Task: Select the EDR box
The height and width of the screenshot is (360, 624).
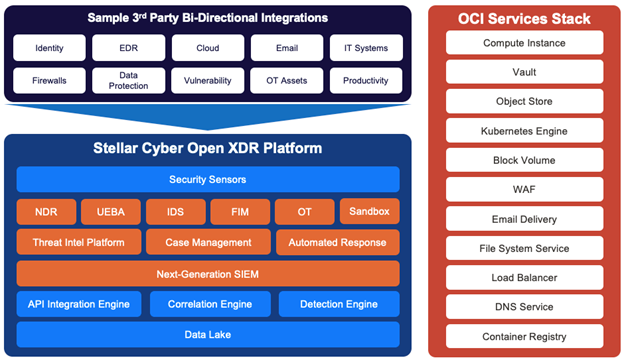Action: coord(128,48)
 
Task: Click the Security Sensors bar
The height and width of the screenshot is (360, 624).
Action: coord(208,179)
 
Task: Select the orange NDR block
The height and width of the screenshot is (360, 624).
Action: coord(45,211)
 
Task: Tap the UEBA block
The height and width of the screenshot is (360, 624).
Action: coord(110,211)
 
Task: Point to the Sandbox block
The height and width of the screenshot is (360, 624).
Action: coord(369,211)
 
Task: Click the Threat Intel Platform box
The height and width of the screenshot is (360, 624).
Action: coord(78,242)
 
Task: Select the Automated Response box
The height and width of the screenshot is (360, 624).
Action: coord(336,242)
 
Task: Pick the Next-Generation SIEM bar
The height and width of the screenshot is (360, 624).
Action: coord(208,273)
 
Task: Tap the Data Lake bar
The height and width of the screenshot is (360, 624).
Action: coord(208,334)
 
